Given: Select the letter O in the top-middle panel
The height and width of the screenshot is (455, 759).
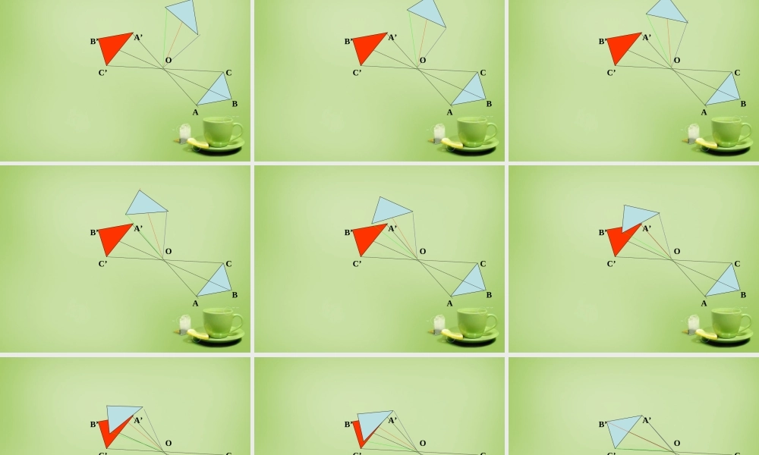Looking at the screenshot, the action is (423, 61).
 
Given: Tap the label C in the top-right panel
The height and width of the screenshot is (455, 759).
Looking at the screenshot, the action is (737, 73).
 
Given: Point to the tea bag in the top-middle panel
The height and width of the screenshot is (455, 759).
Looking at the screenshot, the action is (439, 133).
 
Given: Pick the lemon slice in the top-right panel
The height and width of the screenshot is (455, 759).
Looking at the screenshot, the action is (706, 143).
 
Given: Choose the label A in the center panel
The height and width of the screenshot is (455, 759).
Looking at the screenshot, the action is (449, 303).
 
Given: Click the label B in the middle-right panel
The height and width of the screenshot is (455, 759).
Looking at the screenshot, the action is (743, 295).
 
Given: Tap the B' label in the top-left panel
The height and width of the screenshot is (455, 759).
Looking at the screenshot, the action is (94, 42).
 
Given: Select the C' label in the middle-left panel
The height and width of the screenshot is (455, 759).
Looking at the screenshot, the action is (102, 264).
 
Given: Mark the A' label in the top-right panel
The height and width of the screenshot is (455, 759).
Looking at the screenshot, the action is (646, 37).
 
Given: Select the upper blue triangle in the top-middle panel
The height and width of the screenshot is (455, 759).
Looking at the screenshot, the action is (427, 13).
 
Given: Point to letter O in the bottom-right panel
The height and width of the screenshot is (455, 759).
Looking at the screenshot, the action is (677, 443).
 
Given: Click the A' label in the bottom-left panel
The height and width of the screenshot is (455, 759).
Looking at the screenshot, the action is (138, 420).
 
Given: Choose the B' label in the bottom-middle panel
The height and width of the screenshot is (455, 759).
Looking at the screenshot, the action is (348, 425).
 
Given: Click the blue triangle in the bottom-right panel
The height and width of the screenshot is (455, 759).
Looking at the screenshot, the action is (625, 430).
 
